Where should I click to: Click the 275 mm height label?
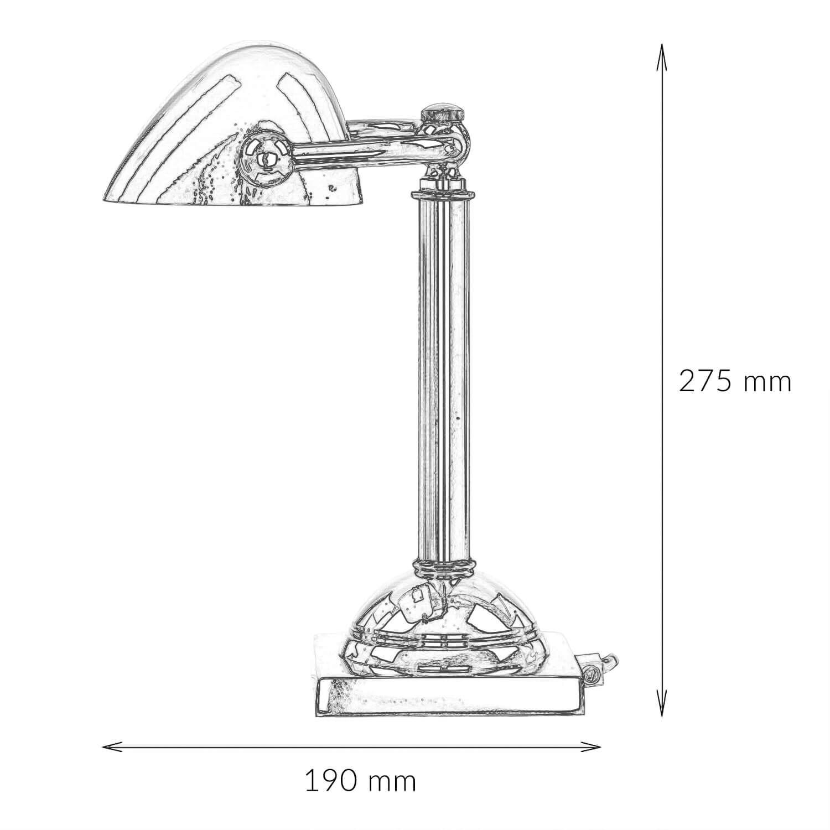pos(735,381)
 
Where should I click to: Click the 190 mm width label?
pos(360,782)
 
